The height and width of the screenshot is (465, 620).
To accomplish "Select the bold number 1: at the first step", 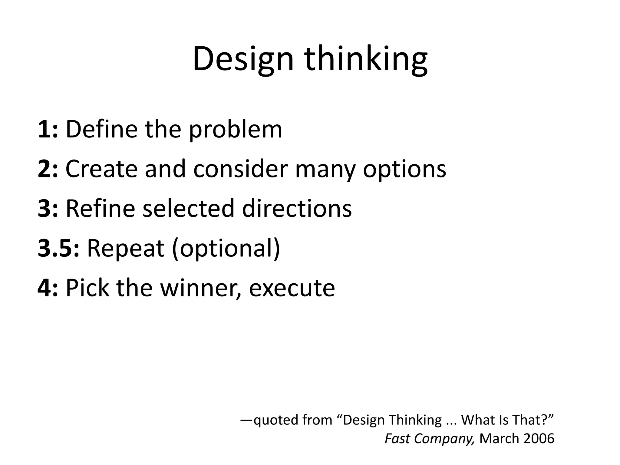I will pos(48,129).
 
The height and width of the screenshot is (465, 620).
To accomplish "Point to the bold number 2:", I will pos(48,169).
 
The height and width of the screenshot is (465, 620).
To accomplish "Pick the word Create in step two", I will pos(101,169).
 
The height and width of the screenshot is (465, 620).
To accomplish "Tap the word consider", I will pos(240,169).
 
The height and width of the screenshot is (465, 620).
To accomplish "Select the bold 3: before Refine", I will pos(48,209).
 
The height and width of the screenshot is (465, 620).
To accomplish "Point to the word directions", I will pos(297,209).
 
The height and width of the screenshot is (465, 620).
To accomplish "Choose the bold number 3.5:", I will pos(58,248).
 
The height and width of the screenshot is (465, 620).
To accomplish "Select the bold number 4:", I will pos(48,288).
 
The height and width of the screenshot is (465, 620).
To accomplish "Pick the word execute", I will pos(292,289).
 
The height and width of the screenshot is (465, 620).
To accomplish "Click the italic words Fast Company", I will pos(430,439).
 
